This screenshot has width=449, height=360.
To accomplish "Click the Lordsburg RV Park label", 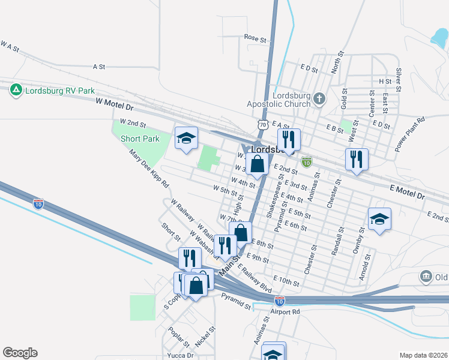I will pyautogui.click(x=60, y=91).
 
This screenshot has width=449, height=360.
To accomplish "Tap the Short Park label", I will pyautogui.click(x=140, y=139).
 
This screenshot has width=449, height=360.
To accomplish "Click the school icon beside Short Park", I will pyautogui.click(x=186, y=139).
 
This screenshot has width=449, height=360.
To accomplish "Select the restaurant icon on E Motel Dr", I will pyautogui.click(x=357, y=160).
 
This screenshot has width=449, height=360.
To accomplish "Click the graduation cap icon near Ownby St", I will pyautogui.click(x=379, y=220).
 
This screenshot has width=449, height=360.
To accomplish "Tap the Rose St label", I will pyautogui.click(x=255, y=38).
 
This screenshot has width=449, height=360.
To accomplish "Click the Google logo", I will pyautogui.click(x=20, y=353).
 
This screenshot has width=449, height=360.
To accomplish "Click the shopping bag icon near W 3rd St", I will pyautogui.click(x=257, y=164).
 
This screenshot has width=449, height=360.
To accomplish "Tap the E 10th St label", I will pyautogui.click(x=286, y=280).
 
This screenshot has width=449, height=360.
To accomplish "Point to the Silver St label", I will pyautogui.click(x=398, y=76).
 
